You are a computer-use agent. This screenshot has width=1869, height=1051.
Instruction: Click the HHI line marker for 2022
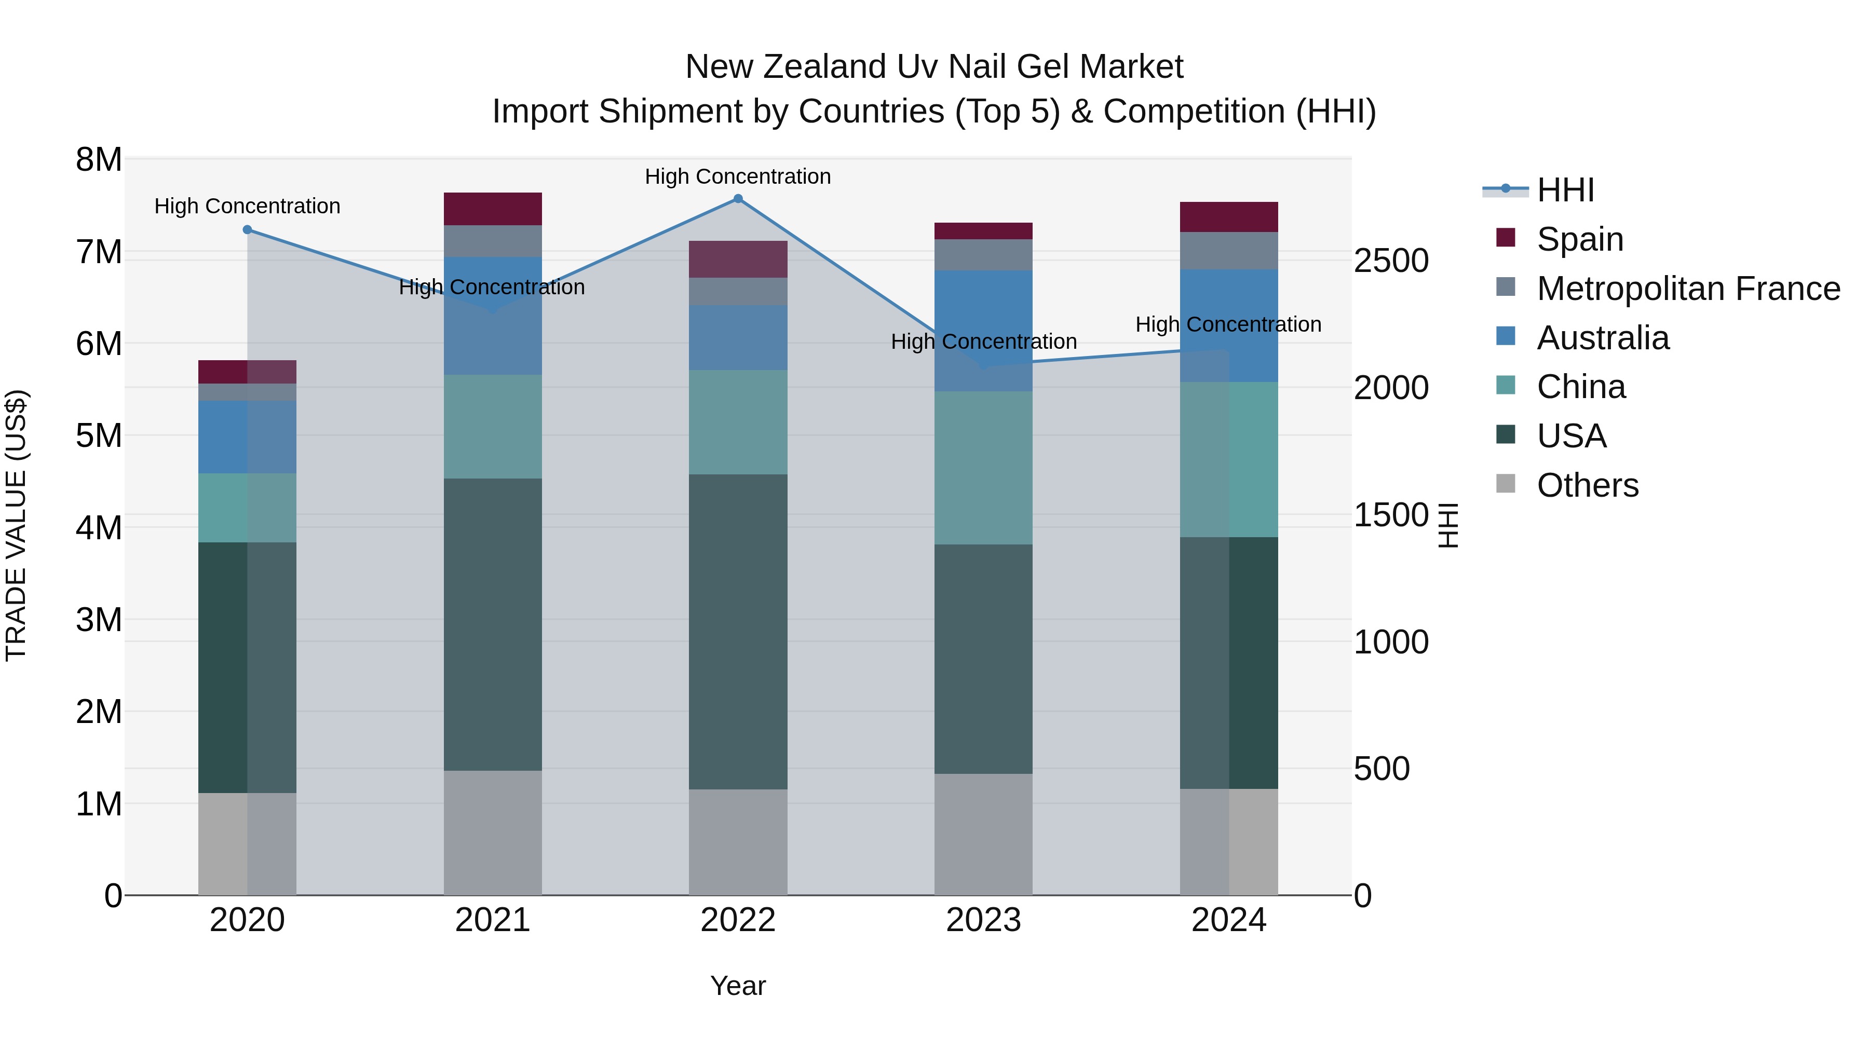tap(738, 199)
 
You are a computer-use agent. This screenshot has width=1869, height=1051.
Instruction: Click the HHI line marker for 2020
tap(248, 230)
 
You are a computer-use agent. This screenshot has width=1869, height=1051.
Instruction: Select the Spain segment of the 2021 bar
tap(493, 209)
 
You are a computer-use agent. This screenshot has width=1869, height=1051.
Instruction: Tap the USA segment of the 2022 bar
tap(738, 631)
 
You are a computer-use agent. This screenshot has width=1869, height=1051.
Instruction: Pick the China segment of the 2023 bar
tap(983, 468)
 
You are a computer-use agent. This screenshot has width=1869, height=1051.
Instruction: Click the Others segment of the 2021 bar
tap(493, 832)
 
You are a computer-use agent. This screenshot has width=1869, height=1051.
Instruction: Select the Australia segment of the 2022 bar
tap(738, 337)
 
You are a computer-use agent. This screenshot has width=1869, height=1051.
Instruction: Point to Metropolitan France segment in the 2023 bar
tap(983, 255)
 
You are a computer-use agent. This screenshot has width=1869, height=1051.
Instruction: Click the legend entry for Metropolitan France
tap(1688, 289)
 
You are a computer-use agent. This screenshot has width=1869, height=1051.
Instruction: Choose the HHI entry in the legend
tap(1564, 190)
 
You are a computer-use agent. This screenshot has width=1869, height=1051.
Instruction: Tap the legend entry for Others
tap(1587, 485)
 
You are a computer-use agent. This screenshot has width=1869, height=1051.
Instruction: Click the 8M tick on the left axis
tap(99, 159)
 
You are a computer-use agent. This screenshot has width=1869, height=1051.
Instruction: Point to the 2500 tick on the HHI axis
tap(1391, 261)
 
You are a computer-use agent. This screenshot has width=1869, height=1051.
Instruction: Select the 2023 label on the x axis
tap(983, 920)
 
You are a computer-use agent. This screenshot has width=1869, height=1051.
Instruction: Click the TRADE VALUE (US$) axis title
tap(16, 525)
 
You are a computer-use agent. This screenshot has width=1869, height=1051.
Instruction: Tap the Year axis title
tap(738, 986)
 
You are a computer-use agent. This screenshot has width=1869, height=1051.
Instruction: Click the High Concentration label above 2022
tap(738, 176)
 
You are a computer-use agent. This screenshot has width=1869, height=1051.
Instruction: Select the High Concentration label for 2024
tap(1228, 324)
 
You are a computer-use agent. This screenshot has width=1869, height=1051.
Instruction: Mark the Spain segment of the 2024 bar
tap(1228, 217)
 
